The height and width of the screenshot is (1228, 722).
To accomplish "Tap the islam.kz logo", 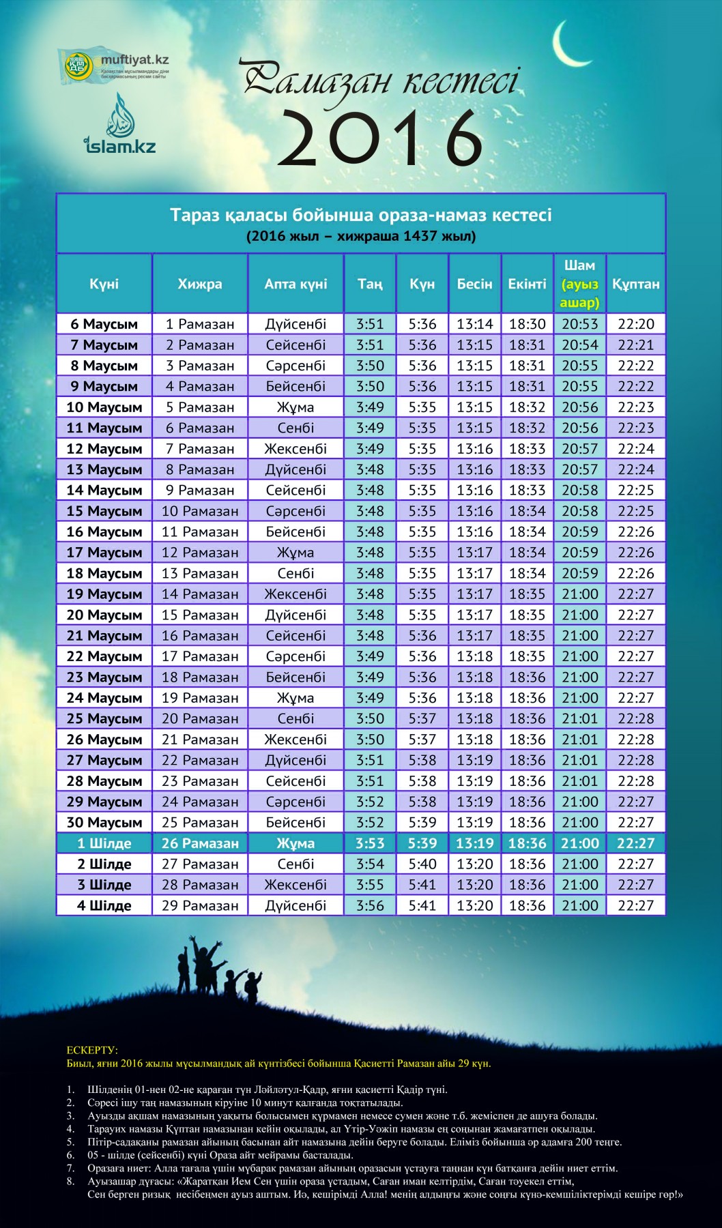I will click(120, 126).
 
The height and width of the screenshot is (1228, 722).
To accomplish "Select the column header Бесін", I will click(474, 284).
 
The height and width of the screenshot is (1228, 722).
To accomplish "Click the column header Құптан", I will click(635, 284).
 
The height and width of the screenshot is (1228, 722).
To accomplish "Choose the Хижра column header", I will click(199, 284).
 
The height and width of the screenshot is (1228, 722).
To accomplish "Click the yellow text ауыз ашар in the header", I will click(579, 293).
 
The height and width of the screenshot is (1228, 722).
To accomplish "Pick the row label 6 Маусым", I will click(104, 324).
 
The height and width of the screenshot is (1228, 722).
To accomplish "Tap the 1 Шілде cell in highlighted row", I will click(104, 843).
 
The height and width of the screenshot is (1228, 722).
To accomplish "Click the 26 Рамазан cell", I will click(200, 843).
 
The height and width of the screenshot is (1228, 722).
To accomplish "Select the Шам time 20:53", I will click(579, 324).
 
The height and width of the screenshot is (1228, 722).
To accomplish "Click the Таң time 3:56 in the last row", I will click(370, 905).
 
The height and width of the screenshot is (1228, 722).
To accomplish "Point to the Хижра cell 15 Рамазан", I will click(200, 615).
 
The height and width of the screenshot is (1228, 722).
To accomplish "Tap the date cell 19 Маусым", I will click(104, 594).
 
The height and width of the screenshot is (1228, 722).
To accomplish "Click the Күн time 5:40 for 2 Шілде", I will click(422, 864).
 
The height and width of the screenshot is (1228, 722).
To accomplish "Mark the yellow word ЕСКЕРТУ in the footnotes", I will click(92, 1050).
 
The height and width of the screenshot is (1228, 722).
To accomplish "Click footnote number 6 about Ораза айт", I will click(70, 1155).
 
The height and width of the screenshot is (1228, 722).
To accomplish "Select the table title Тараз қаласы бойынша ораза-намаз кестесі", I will click(360, 215).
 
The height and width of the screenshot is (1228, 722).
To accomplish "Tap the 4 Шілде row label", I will click(104, 905).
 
